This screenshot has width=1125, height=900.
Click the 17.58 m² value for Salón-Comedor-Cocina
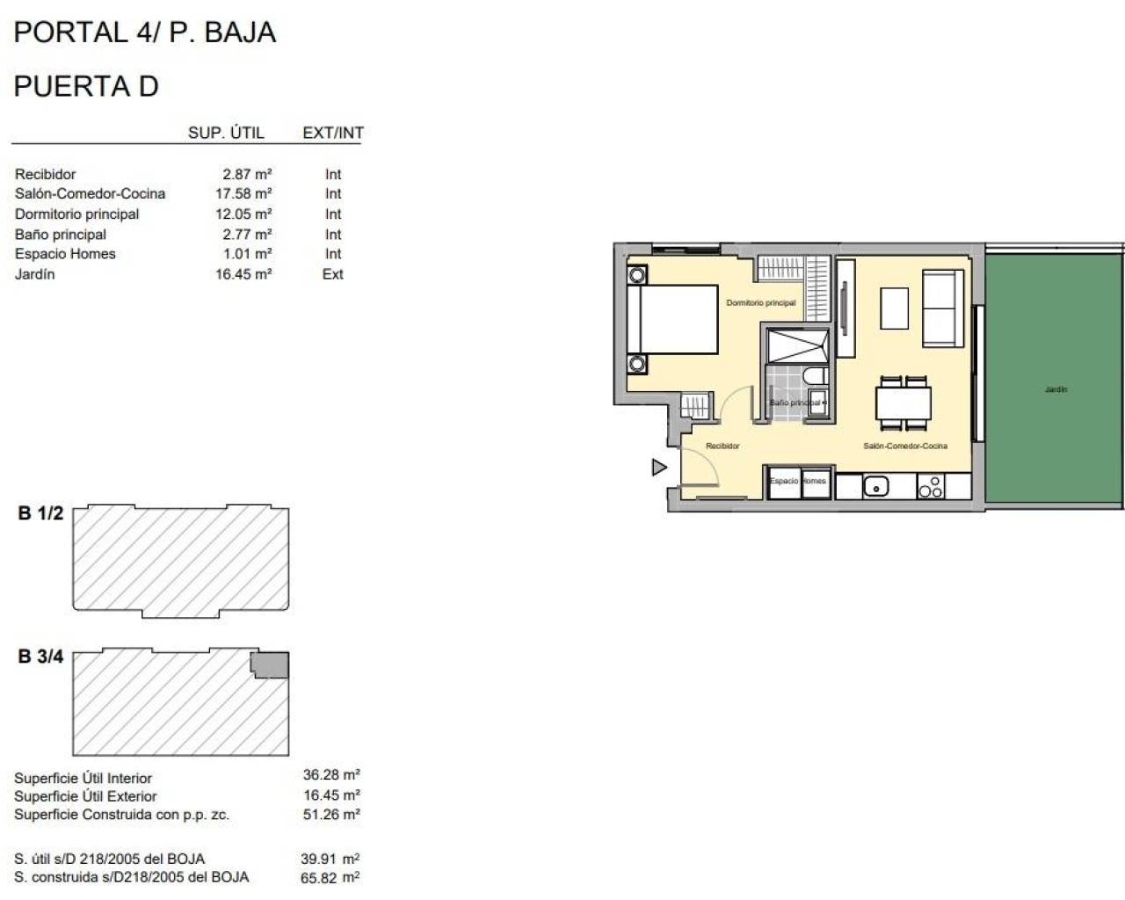pyautogui.click(x=243, y=194)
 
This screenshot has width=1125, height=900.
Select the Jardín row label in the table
pyautogui.click(x=35, y=274)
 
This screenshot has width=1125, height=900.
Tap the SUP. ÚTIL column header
pyautogui.click(x=226, y=133)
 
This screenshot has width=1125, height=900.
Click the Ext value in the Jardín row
pyautogui.click(x=332, y=274)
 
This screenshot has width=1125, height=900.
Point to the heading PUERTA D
pyautogui.click(x=86, y=86)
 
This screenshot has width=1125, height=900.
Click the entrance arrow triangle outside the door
pyautogui.click(x=658, y=468)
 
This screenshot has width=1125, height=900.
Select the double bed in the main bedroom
pyautogui.click(x=673, y=319)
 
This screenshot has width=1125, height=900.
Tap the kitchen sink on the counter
pyautogui.click(x=876, y=485)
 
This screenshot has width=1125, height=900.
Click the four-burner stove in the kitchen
pyautogui.click(x=930, y=486)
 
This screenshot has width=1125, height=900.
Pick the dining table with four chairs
pyautogui.click(x=904, y=403)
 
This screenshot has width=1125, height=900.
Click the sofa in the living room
pyautogui.click(x=942, y=308)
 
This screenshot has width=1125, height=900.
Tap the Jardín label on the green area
pyautogui.click(x=1056, y=389)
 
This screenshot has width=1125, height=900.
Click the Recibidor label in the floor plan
pyautogui.click(x=722, y=446)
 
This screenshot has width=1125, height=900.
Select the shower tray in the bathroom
pyautogui.click(x=797, y=345)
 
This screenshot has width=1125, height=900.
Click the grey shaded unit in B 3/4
pyautogui.click(x=272, y=664)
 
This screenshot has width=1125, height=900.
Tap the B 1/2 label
pyautogui.click(x=40, y=513)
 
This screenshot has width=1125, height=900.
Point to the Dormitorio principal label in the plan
pyautogui.click(x=760, y=303)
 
